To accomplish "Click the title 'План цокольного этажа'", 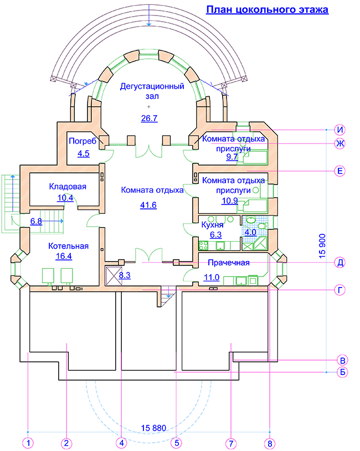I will [x=267, y=9].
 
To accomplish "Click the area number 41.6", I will [x=148, y=206].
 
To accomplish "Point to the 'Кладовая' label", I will [x=68, y=186].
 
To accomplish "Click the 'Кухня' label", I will [x=212, y=225].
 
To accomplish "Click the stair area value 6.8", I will [x=36, y=221].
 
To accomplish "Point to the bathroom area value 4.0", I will [x=250, y=232].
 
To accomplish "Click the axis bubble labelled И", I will [x=341, y=130].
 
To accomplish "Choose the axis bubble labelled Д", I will [x=341, y=263].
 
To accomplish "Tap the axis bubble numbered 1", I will [x=28, y=443].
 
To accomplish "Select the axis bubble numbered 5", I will [x=176, y=443].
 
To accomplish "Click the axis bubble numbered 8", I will [x=269, y=443].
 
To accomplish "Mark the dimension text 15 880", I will [x=154, y=428].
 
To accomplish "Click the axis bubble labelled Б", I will [x=341, y=372].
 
